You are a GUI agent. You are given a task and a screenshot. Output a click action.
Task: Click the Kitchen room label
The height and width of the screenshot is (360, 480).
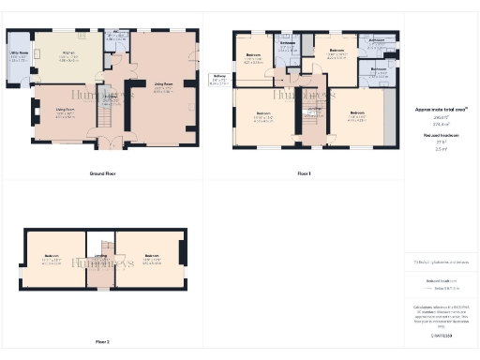point(68,52)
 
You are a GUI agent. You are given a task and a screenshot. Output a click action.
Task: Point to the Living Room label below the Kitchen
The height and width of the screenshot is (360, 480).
point(65,112)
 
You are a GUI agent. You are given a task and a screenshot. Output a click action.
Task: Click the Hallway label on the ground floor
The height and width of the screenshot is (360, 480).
point(110,97)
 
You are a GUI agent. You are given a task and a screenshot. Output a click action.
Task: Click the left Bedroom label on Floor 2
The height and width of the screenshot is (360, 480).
point(52,257)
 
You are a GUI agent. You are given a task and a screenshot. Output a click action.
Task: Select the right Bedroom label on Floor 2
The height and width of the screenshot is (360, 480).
point(152,257)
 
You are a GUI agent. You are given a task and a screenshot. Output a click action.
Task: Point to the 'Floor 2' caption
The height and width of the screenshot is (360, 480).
point(102,341)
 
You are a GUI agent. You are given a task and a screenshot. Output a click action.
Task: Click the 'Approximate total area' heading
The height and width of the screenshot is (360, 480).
point(440,110)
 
